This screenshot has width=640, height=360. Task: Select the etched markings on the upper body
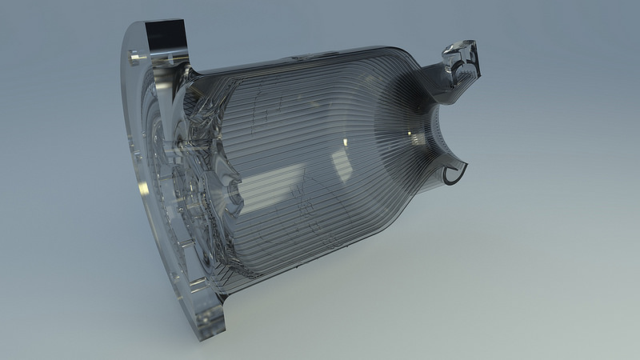point(264,112)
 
